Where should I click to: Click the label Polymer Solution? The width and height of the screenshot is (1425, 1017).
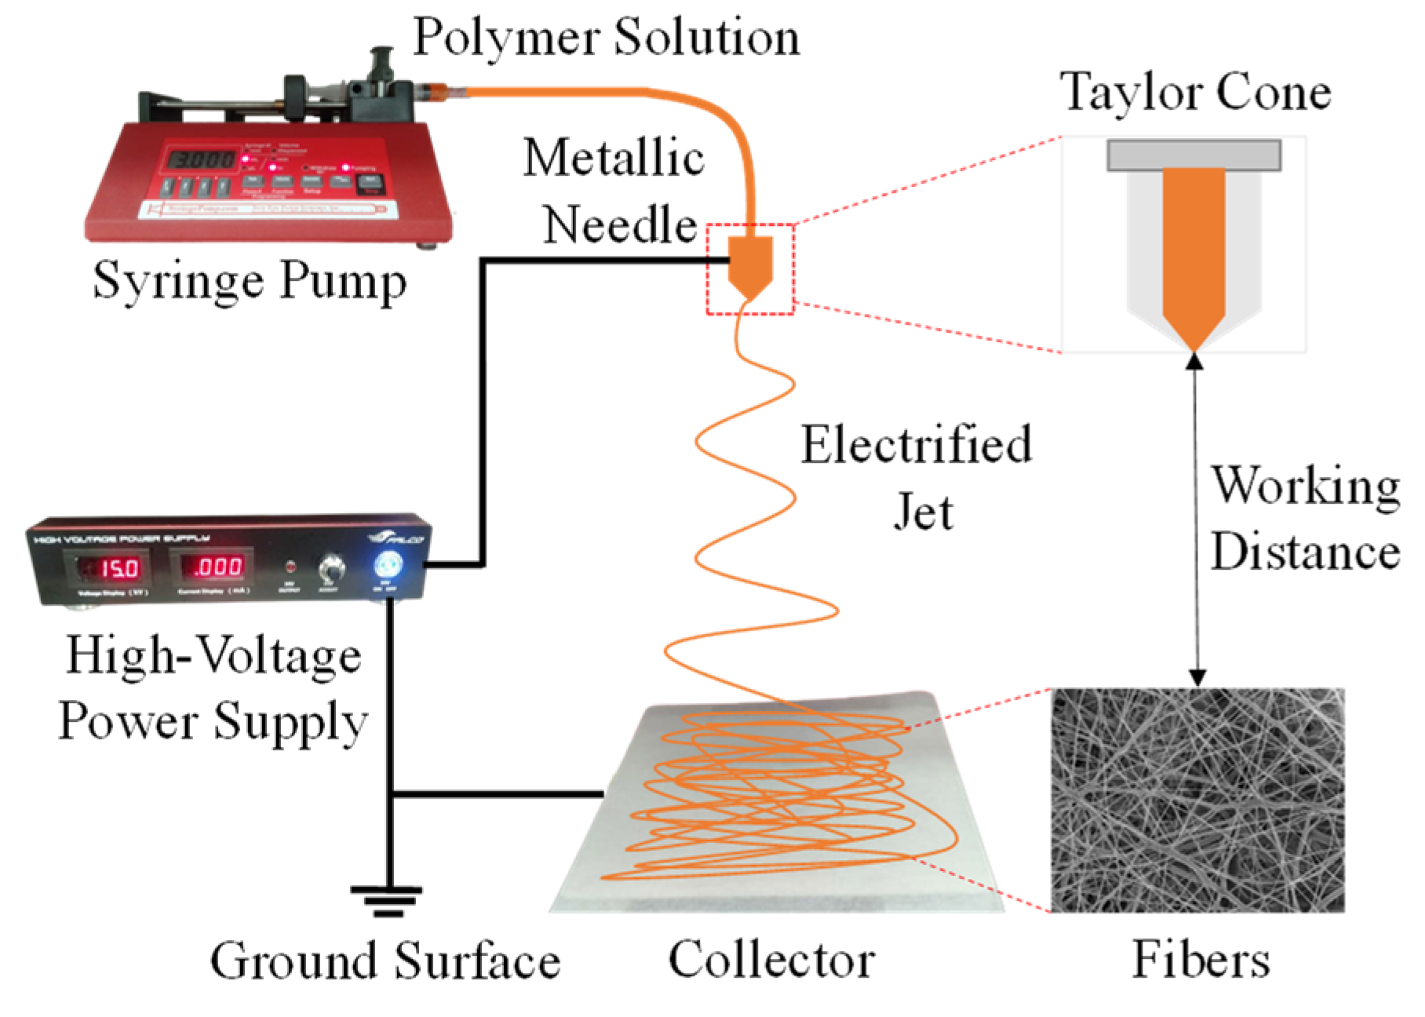click(606, 37)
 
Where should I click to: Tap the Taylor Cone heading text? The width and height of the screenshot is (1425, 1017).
click(1196, 93)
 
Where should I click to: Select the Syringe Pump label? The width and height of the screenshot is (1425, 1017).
click(250, 280)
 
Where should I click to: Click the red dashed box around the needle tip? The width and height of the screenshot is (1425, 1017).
click(751, 269)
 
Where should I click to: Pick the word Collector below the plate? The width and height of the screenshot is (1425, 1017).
click(771, 959)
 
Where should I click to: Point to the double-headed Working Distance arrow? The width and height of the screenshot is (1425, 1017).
click(1196, 518)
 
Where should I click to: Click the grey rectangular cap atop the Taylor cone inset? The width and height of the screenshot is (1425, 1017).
click(1194, 155)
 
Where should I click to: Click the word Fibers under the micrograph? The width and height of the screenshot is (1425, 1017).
click(1200, 959)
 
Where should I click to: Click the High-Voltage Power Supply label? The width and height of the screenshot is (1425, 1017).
click(213, 688)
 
